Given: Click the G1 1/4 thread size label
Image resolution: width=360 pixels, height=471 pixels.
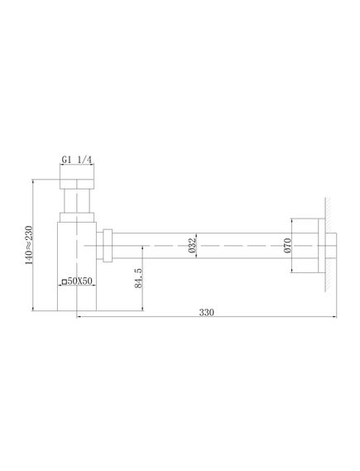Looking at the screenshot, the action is tap(77, 160).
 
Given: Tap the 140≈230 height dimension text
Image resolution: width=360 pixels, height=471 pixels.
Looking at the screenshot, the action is tap(28, 245).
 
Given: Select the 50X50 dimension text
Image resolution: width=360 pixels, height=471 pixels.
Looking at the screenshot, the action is tap(79, 281).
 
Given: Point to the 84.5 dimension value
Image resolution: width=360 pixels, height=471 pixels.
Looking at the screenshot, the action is tap(138, 278).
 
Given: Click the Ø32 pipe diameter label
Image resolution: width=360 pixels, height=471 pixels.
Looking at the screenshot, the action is tap(192, 245).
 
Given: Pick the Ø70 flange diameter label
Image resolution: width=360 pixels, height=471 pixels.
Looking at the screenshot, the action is tap(287, 245).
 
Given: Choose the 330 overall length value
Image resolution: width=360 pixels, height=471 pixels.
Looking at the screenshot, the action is tap(207, 312).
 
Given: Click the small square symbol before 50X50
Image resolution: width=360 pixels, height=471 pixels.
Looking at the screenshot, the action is tap(64, 281).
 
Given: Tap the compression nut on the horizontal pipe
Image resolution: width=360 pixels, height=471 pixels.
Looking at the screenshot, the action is tap(108, 246).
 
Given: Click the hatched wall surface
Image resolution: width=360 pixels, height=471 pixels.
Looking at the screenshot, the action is tap(328, 244).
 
